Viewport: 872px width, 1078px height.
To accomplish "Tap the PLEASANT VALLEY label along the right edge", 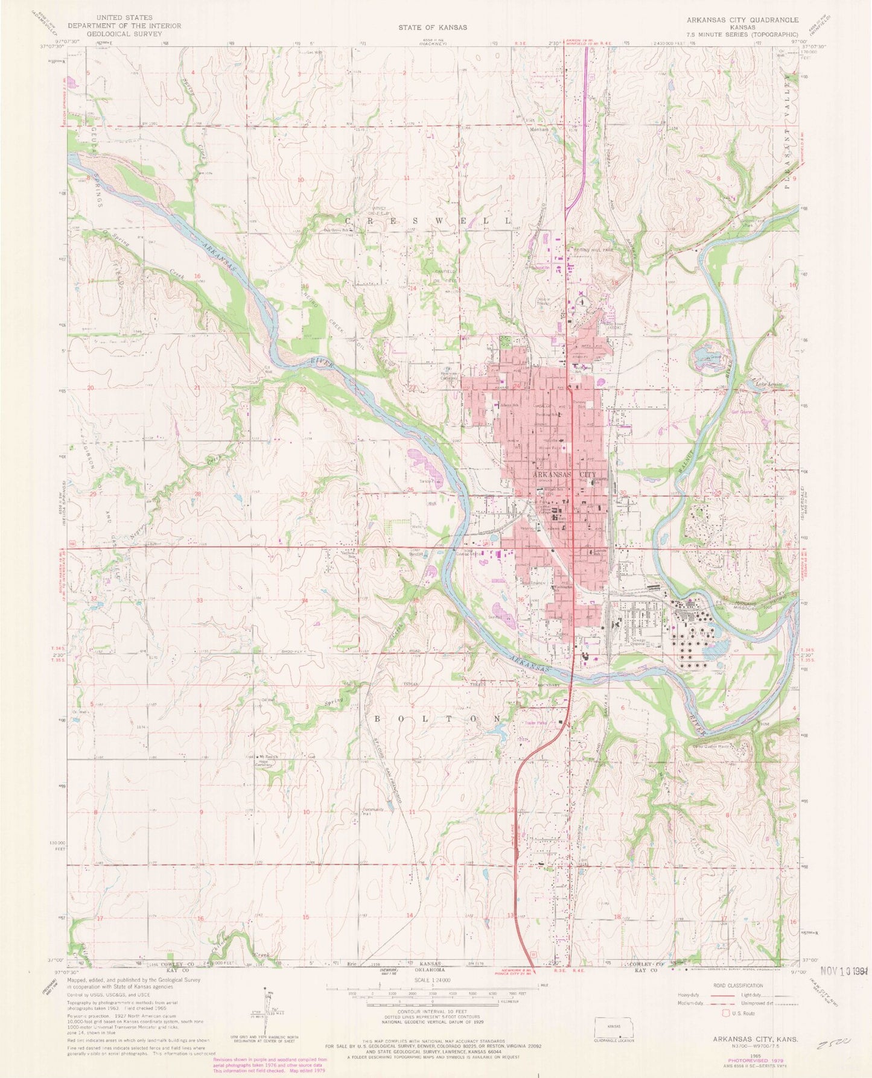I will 786,127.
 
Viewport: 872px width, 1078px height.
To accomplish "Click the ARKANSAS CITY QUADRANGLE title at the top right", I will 742,20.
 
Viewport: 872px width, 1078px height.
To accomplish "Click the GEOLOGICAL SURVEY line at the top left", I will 119,34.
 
